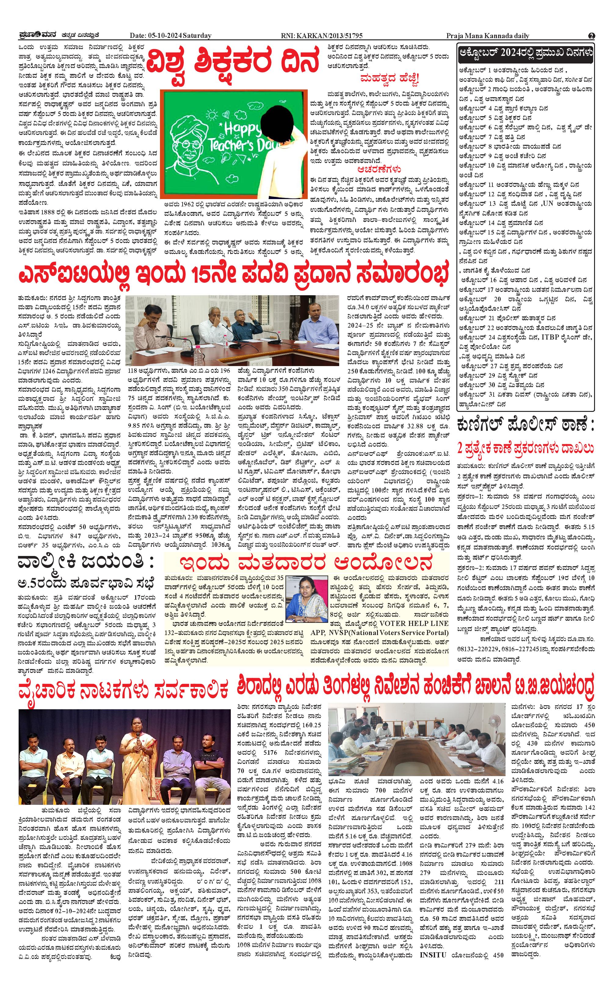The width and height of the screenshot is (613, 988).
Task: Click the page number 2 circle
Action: (x=592, y=36)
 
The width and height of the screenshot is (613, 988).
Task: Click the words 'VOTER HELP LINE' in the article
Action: (x=414, y=623)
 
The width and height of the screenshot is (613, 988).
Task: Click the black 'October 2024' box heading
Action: (x=525, y=53)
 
